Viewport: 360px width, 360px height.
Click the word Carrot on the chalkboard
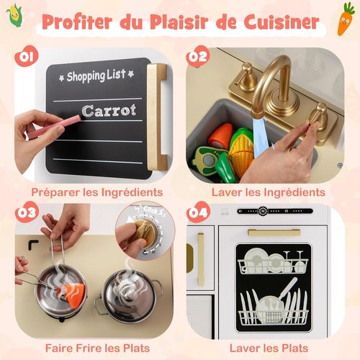coord(108,111)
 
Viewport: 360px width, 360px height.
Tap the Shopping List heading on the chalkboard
coord(96,75)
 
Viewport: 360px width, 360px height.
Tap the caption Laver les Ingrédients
coord(268,192)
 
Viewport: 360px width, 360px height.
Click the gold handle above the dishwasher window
coord(274,233)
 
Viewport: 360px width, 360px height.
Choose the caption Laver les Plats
coord(268,348)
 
